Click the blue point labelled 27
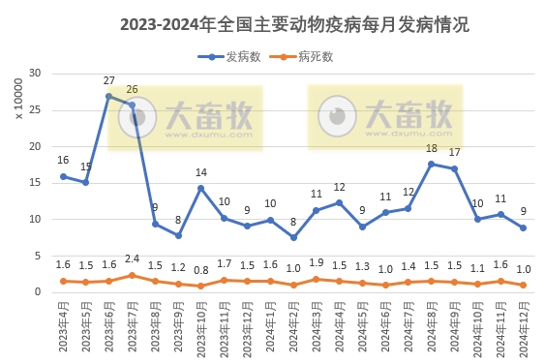[x=109, y=96]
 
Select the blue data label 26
[x=132, y=89]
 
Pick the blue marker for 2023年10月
[x=201, y=188]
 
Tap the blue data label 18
[x=432, y=149]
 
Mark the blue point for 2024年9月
[x=454, y=168]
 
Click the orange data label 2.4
[x=132, y=258]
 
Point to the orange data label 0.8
[x=201, y=270]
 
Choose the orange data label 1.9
[x=317, y=263]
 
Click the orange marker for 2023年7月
[x=133, y=275]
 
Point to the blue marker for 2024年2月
[x=293, y=237]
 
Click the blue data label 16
[x=63, y=161]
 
